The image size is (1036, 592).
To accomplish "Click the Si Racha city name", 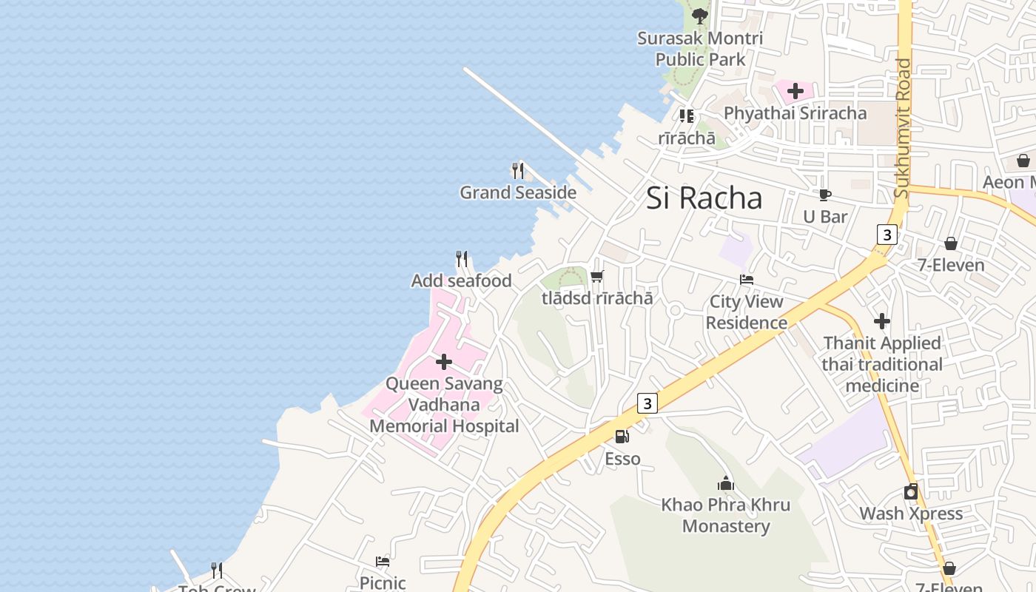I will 704,198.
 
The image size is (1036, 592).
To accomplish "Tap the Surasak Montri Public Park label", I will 700,48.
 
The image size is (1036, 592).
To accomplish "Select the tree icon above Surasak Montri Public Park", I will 699,15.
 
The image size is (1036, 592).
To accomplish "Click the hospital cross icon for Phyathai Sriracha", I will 795,91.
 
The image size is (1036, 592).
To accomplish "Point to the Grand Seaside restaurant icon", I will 518,171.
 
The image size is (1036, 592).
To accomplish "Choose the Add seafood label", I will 462,281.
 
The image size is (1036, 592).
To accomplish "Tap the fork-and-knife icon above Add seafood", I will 462,259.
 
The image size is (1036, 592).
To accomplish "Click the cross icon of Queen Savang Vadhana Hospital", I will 444,362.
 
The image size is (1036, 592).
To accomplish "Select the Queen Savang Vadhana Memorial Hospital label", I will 444,406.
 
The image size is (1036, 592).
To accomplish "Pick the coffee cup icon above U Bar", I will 825,195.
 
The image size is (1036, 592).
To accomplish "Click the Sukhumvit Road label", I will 902,128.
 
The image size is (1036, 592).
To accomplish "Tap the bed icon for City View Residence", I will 747,280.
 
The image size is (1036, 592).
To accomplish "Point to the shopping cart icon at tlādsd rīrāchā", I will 597,277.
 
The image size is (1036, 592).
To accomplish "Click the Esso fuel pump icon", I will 622,437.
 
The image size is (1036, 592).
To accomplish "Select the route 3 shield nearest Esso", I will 647,403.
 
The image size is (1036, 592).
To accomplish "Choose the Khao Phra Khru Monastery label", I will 726,516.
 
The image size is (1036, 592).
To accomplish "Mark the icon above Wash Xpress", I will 911,491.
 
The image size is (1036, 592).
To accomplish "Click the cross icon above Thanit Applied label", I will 881,321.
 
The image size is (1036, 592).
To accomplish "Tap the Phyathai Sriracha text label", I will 795,113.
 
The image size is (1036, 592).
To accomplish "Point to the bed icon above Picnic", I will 383,561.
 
